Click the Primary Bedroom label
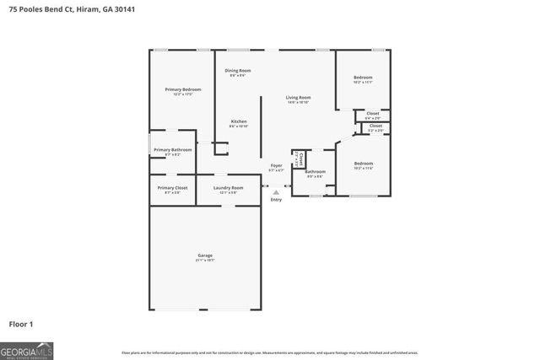(182, 89)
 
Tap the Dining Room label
(238, 71)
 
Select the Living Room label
(298, 98)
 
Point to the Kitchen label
(239, 121)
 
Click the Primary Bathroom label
(173, 150)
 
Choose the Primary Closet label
(172, 187)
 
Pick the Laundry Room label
(228, 187)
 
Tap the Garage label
(205, 255)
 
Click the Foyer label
(276, 165)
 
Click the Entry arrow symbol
(276, 192)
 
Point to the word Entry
(276, 200)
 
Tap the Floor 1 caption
(20, 324)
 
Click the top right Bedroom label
(363, 78)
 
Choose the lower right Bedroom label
(363, 163)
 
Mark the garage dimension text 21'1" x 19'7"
(205, 261)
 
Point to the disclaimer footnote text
(269, 352)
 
